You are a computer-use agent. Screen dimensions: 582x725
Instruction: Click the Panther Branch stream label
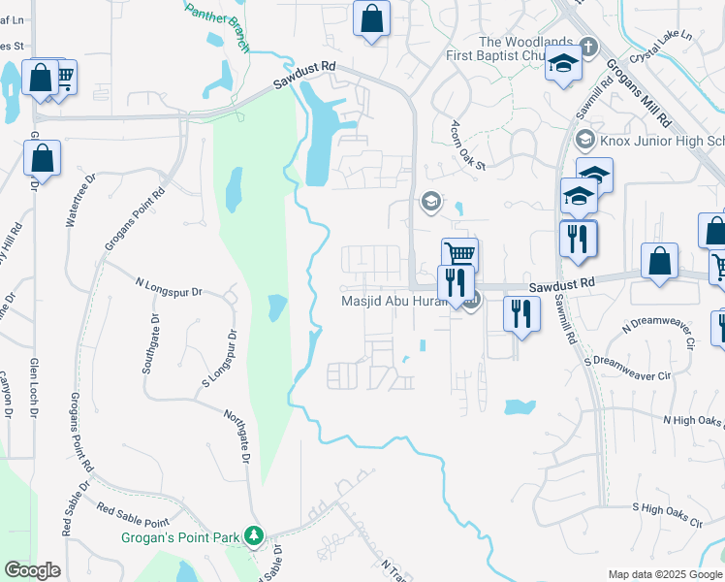click(218, 24)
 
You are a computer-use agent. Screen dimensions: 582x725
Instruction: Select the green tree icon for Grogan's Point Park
click(255, 535)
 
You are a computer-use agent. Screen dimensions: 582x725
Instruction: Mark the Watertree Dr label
click(81, 202)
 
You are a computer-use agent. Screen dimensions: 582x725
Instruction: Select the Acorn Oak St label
click(466, 146)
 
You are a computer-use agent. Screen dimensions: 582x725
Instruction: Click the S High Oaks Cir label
click(667, 513)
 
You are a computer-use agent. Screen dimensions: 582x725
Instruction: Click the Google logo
click(32, 570)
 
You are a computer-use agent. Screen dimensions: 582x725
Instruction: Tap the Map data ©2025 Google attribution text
click(665, 574)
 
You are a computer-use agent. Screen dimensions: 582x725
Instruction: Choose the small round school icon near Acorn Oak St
click(429, 202)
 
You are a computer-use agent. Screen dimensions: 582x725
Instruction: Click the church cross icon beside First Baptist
click(589, 48)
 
